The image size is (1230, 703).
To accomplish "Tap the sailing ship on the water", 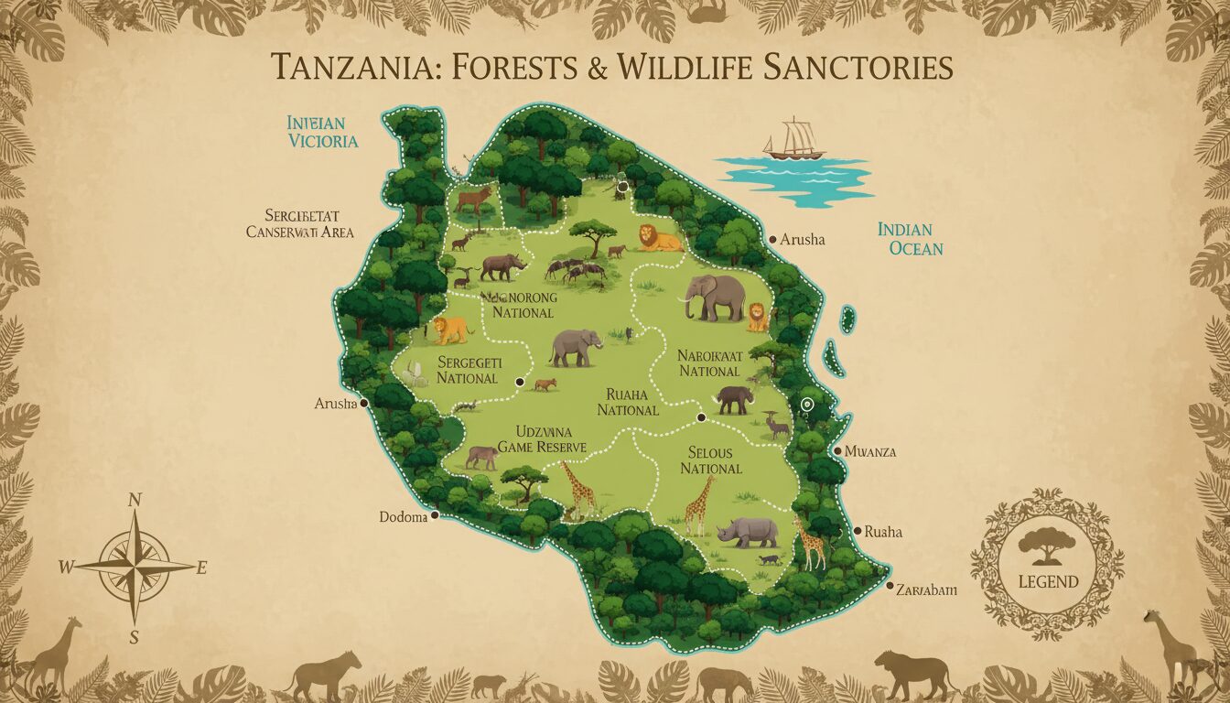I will click(x=793, y=140).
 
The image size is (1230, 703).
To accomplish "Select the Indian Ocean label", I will click(x=910, y=238).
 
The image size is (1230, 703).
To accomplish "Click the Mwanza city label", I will click(x=869, y=451).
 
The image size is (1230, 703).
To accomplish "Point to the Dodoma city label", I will click(x=404, y=517).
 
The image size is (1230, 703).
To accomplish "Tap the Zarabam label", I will click(x=926, y=590).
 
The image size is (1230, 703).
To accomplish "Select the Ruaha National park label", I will click(x=628, y=402).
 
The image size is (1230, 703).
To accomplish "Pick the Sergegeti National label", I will click(x=467, y=370).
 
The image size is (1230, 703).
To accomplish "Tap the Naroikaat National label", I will click(x=708, y=362).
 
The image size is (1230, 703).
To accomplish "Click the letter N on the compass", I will click(x=135, y=500).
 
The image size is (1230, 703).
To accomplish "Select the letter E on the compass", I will click(x=201, y=568).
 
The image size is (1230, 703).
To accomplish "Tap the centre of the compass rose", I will click(x=135, y=566).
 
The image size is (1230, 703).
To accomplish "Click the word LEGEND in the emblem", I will click(x=1047, y=581).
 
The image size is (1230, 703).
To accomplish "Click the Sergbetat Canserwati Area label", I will click(x=300, y=223).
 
